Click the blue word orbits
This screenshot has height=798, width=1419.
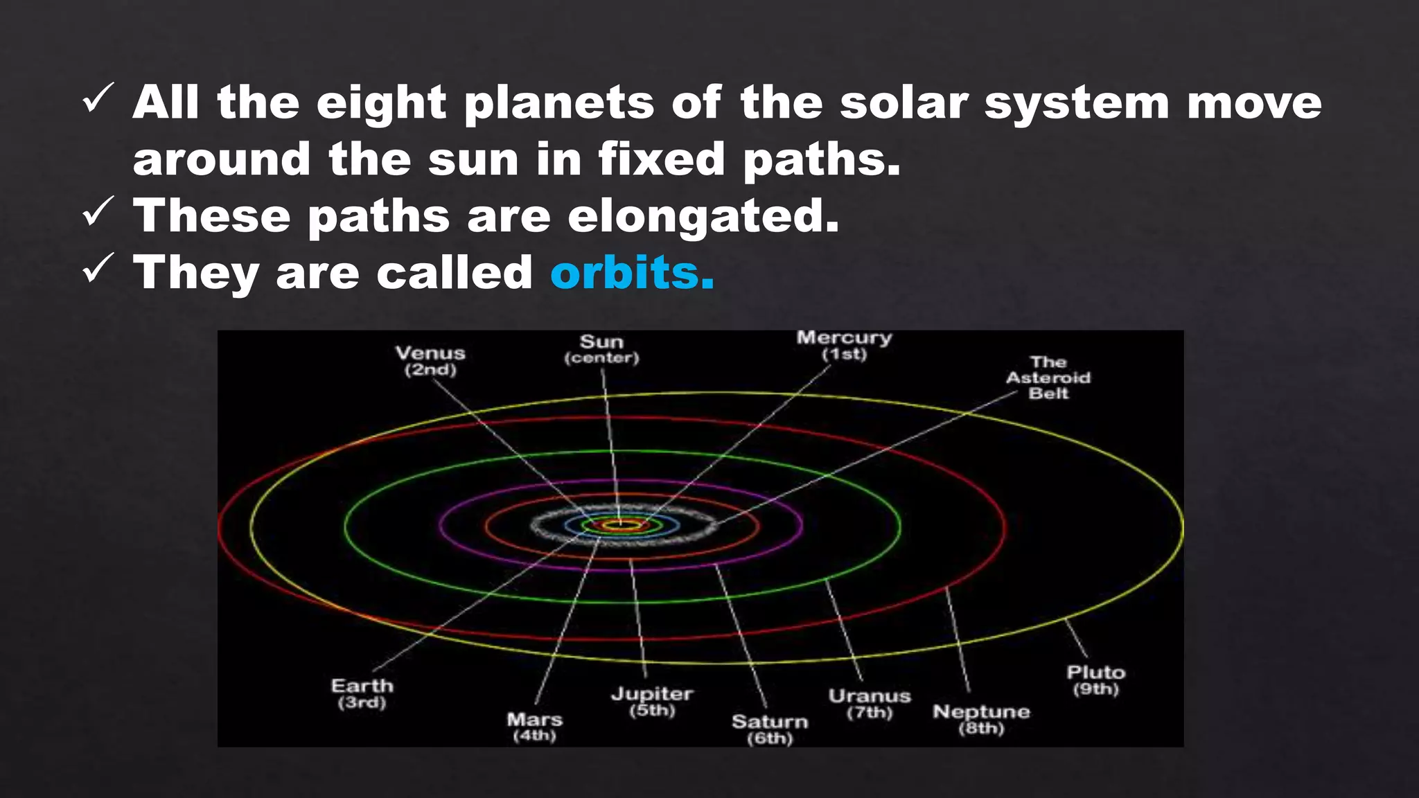631,272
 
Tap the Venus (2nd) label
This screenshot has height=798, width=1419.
430,361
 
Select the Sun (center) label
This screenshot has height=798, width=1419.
601,349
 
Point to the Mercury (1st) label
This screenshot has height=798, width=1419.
844,346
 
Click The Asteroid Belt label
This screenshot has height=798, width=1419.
1048,378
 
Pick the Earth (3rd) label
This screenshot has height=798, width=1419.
362,693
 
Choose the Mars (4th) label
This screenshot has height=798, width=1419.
534,727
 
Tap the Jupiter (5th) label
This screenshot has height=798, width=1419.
651,701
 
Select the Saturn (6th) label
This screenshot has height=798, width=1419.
770,729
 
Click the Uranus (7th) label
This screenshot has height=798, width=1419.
870,703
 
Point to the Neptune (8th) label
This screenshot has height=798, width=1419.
981,719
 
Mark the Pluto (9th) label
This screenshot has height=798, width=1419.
1095,680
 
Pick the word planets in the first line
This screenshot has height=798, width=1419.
558,103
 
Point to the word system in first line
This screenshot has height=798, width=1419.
1077,103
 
